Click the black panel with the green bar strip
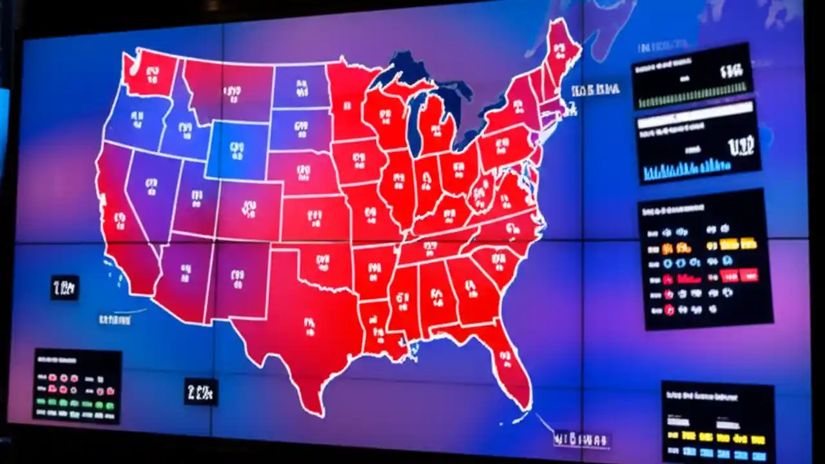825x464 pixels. point(692,76)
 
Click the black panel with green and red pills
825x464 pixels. point(77,385)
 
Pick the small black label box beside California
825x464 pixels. point(64,287)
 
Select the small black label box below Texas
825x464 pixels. point(201,391)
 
